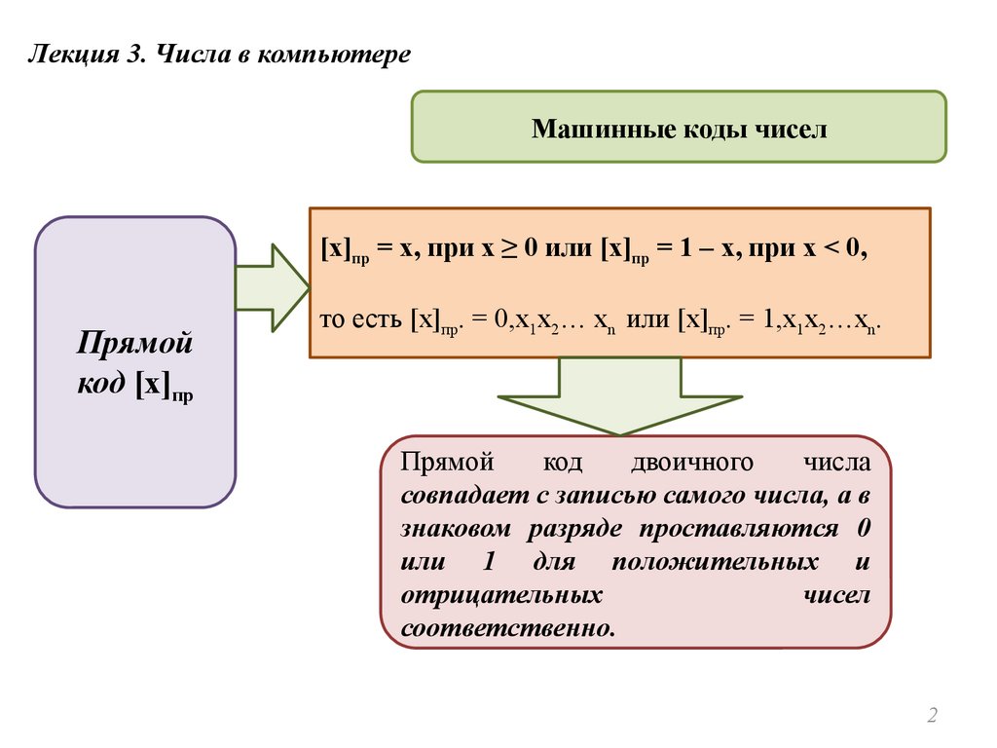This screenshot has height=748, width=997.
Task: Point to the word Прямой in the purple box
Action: coord(135,345)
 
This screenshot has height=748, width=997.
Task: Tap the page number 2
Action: coord(932,717)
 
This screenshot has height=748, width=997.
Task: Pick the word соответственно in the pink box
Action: coord(507,626)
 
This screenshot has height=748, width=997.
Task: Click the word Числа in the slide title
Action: coord(190,55)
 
